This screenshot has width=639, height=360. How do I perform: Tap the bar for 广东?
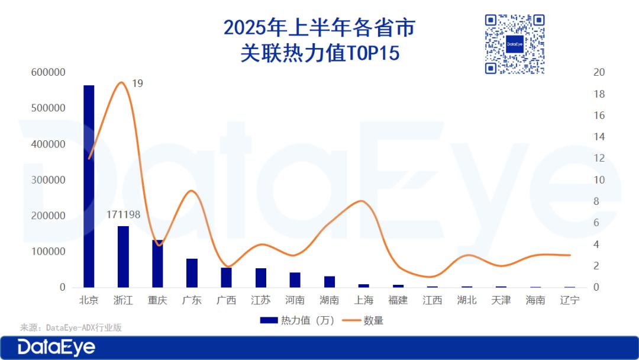point(192,273)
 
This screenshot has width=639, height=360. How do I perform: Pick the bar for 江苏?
point(260,278)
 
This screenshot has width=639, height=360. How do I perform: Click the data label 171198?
point(123,214)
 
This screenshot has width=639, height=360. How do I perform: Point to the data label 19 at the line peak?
point(137,83)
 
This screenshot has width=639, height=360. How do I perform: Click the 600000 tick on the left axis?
point(49,72)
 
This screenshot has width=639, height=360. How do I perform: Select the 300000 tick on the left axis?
point(49,180)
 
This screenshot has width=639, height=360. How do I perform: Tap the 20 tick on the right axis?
point(599,72)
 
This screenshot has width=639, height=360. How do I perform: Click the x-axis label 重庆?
point(157,300)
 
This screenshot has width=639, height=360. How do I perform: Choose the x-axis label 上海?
point(363,300)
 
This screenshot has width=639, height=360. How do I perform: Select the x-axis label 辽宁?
point(569,300)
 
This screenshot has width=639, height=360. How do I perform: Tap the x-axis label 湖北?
point(466,300)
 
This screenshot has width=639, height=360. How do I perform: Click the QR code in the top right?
point(514,44)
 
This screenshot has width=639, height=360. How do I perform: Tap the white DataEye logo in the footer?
point(56,347)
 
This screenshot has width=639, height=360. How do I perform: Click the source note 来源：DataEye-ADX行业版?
point(71,327)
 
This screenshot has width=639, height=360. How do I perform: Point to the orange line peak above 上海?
point(362,201)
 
